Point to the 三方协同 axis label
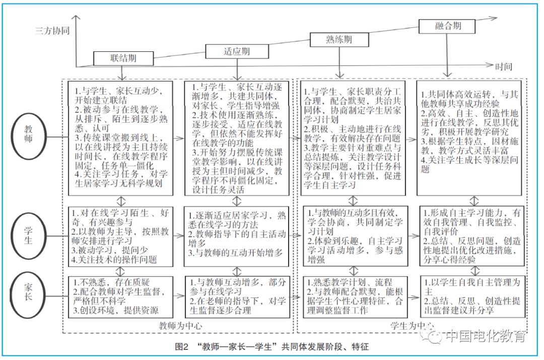tap(52, 31)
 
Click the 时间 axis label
tap(503, 66)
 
